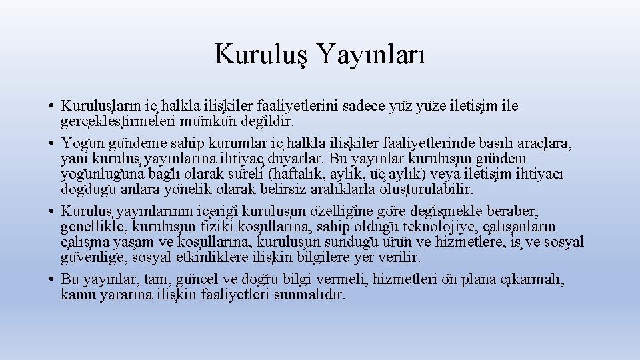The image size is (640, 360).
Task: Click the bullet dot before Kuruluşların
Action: pyautogui.click(x=51, y=106)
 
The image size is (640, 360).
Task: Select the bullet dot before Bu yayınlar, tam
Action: pyautogui.click(x=51, y=279)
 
